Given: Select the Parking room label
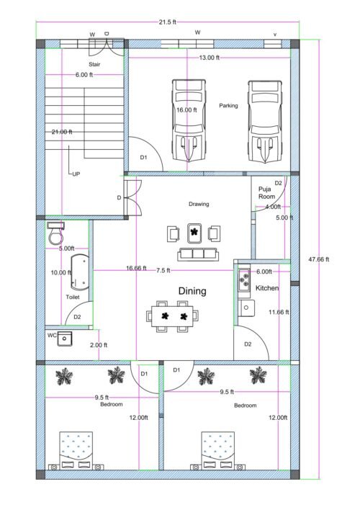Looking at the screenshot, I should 229,106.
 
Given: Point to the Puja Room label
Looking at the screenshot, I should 267,192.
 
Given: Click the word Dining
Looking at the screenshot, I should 192,291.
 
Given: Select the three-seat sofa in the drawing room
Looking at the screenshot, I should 197,254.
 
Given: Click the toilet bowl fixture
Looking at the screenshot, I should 55,235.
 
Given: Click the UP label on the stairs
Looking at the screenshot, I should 76,174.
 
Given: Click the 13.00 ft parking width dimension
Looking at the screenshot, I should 210,58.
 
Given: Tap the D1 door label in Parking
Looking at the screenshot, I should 143,157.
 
